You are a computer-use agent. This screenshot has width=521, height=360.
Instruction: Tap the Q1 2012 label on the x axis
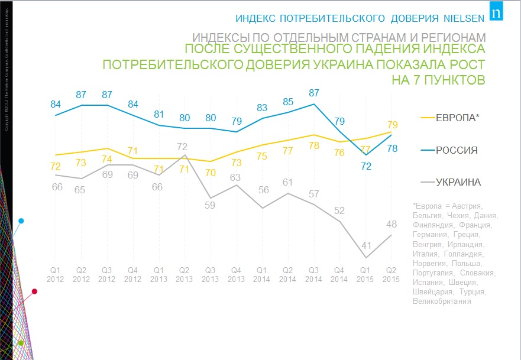click(56, 274)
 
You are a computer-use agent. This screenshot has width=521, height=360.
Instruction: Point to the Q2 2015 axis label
click(391, 274)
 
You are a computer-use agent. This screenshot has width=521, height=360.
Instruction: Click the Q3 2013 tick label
click(211, 274)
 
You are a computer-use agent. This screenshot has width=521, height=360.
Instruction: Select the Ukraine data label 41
click(367, 245)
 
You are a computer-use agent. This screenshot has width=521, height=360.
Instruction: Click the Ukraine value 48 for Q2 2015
click(391, 225)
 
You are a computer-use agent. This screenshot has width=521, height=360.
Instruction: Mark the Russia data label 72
click(367, 166)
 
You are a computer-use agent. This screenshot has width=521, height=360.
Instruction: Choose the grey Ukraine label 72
click(183, 147)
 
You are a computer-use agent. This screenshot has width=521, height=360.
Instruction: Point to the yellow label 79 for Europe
click(392, 125)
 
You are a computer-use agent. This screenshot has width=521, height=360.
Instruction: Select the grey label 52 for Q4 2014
click(340, 210)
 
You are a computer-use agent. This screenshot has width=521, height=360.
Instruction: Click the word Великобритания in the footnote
click(442, 301)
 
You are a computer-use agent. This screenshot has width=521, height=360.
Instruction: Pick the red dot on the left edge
click(34, 291)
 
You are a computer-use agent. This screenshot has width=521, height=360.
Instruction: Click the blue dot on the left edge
click(21, 221)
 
